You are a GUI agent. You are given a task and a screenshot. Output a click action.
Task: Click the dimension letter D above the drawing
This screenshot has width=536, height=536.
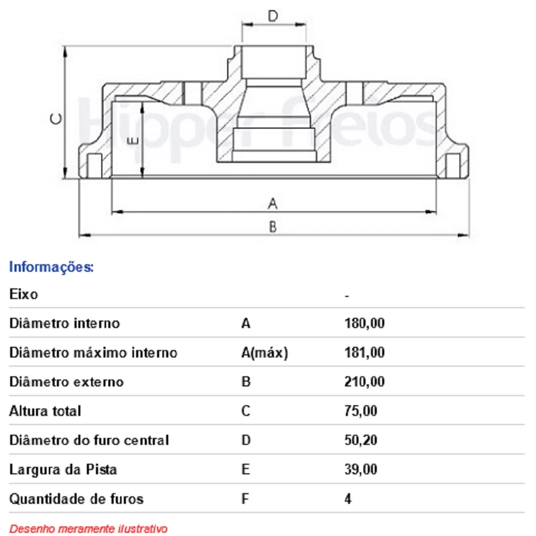(273, 16)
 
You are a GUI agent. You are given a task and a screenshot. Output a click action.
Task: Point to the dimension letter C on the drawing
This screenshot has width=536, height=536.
(56, 119)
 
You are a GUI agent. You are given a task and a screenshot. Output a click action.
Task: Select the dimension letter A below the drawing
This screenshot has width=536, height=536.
(272, 203)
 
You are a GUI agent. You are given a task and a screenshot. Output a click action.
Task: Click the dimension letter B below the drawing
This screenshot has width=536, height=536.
(272, 227)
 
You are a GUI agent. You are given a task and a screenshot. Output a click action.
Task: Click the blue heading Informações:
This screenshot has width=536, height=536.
(51, 267)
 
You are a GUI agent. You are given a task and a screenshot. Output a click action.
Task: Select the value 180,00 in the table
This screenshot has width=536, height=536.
(364, 323)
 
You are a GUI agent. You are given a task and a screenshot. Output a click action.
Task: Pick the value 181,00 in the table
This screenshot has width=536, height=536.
(364, 353)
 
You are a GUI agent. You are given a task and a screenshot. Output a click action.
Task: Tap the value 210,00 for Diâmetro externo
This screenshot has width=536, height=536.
(364, 382)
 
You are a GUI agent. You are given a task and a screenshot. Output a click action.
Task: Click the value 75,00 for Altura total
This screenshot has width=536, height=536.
(361, 411)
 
